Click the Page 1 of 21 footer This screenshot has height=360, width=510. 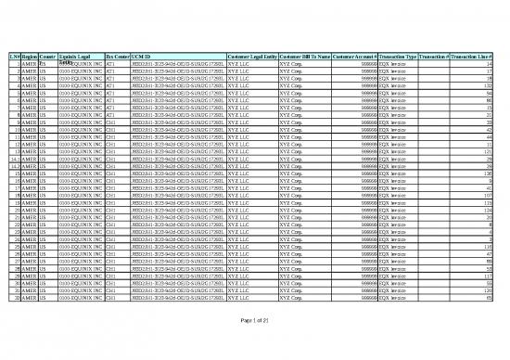click(255, 320)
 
